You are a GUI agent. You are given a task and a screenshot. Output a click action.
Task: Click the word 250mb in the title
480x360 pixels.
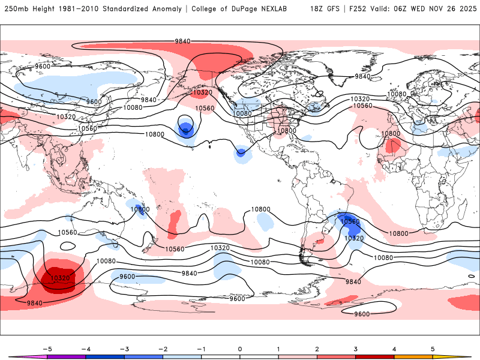click(x=16, y=9)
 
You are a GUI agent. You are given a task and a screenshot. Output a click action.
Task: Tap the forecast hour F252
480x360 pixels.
click(x=355, y=9)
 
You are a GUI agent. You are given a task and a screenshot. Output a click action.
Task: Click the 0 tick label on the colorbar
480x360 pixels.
click(x=240, y=348)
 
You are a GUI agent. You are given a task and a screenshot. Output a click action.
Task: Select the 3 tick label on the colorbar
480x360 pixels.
click(x=355, y=348)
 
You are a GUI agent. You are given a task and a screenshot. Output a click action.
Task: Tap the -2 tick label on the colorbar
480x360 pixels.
click(x=162, y=348)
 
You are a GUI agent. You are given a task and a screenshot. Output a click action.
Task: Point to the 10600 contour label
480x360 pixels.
click(x=139, y=209)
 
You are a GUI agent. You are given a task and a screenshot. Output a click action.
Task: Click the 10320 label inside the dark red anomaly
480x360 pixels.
click(x=61, y=278)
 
